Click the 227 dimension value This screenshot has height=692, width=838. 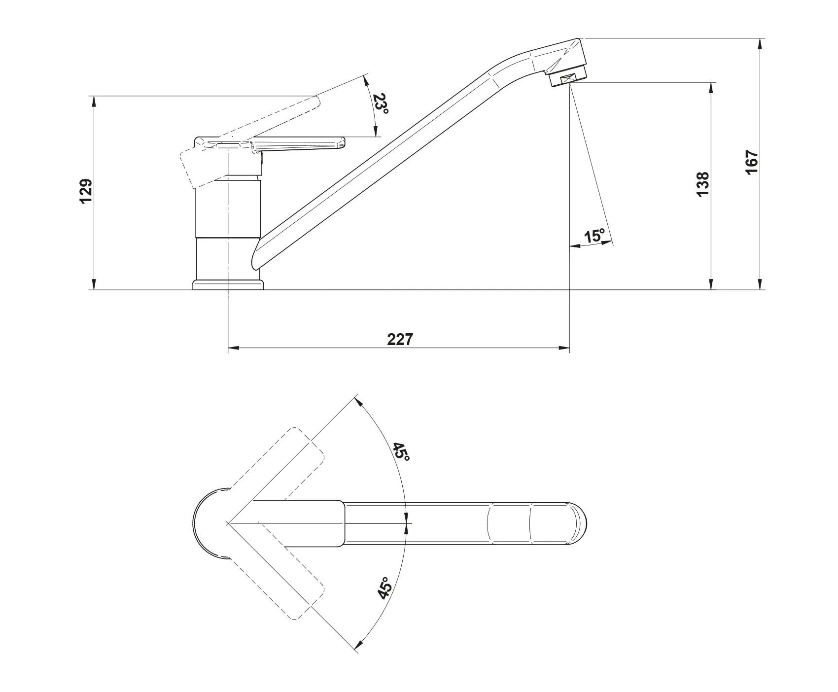399,339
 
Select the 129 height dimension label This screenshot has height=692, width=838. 86,191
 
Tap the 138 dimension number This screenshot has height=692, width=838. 703,184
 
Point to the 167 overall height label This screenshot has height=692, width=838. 752,162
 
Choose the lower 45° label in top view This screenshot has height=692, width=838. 385,588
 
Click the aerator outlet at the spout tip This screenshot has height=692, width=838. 568,78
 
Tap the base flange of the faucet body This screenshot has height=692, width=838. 228,285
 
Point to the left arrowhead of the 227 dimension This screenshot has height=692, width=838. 234,348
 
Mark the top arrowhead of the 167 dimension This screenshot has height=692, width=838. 760,44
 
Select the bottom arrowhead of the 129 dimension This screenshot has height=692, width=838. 93,284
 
